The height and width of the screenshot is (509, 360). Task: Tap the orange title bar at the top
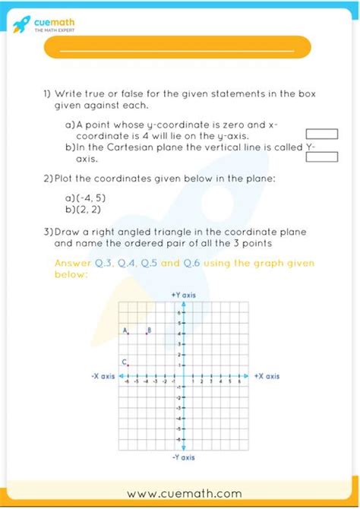click(178, 47)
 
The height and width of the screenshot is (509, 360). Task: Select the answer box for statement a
click(321, 134)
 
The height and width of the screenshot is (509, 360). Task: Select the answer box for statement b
click(321, 157)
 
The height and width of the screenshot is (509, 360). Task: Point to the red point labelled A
click(128, 334)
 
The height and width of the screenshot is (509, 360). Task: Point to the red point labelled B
click(147, 334)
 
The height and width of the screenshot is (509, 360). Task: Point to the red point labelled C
click(128, 365)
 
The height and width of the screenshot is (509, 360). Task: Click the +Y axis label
click(183, 294)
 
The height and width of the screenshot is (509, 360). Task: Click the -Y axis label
click(183, 457)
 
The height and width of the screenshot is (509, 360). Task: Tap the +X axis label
click(267, 376)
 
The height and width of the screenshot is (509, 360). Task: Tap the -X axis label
click(103, 376)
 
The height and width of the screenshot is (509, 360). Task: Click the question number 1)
click(47, 93)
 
